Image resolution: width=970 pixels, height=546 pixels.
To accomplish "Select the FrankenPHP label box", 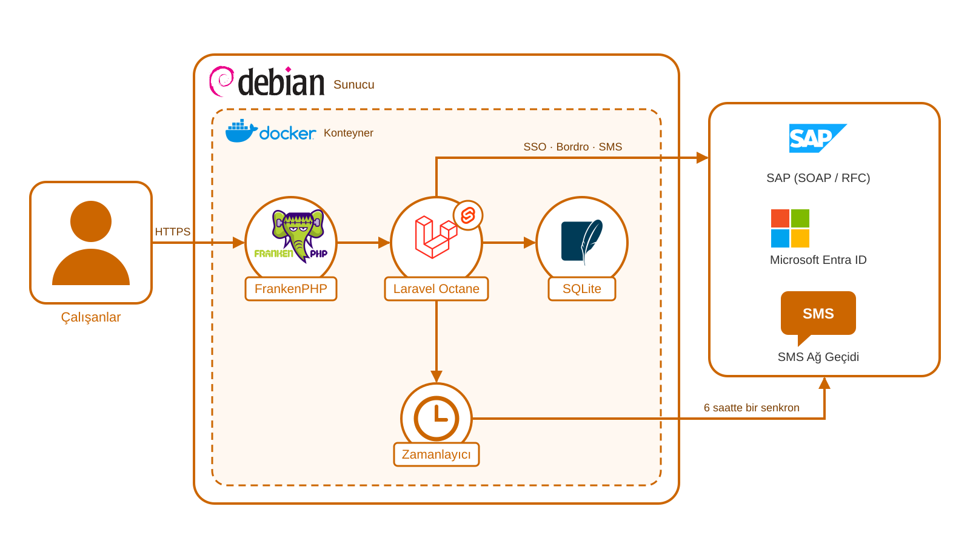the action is click(291, 289).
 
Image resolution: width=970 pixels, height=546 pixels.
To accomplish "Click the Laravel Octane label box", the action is click(436, 289).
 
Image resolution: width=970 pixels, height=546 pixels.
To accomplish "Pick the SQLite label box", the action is click(581, 289).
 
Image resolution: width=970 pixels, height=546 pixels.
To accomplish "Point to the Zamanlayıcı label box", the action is click(436, 454).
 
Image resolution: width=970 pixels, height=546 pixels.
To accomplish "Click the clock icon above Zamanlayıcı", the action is click(436, 418).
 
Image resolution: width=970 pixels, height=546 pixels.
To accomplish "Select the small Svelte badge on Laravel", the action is click(468, 215).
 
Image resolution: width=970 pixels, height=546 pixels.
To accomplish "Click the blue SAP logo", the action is click(818, 138).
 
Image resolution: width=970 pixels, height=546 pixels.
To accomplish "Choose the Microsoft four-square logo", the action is click(791, 228).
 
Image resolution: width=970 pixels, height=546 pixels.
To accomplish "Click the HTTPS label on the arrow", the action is click(173, 232).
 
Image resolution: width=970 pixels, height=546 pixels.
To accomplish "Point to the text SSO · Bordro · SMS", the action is click(572, 147).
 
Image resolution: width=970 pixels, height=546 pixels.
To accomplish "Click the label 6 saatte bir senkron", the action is click(751, 408).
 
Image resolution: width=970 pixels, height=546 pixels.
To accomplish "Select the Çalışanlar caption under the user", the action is click(91, 317).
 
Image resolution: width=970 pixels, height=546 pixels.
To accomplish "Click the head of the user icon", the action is click(91, 221).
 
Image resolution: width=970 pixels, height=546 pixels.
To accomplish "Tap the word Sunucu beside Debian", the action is click(354, 84).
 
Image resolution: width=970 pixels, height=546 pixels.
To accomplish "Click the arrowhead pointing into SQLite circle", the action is click(530, 243).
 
